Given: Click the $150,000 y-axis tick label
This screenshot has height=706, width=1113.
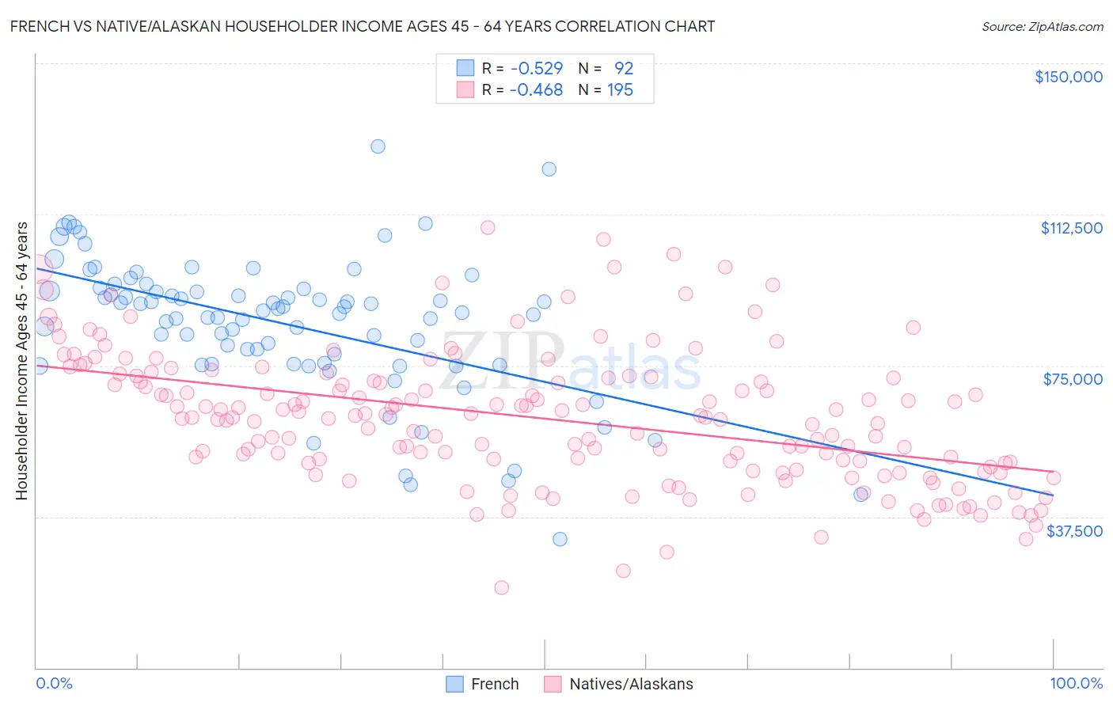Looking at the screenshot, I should click(1068, 77).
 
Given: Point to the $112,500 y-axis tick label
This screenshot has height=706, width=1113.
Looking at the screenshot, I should click(1071, 228).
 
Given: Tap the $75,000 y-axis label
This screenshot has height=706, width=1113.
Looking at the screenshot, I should click(1073, 379).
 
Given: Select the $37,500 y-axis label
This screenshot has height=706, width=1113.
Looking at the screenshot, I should click(1074, 530).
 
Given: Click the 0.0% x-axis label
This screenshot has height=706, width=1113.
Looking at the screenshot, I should click(54, 684).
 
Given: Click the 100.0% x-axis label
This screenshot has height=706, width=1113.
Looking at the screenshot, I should click(1076, 684).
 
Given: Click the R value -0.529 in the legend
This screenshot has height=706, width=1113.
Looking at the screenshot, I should click(536, 68).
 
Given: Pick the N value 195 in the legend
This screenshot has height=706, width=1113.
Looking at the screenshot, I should click(620, 90).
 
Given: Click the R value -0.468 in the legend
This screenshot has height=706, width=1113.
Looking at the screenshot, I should click(536, 90).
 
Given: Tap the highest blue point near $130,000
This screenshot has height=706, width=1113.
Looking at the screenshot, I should click(378, 146).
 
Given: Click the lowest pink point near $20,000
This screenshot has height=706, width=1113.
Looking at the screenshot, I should click(501, 587).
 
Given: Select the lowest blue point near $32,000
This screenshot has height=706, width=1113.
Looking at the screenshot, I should click(560, 539).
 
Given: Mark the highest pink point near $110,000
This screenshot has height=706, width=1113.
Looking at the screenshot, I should click(488, 227).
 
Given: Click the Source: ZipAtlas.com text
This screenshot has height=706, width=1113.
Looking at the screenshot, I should click(1042, 26).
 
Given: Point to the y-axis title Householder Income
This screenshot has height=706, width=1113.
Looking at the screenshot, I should click(21, 361).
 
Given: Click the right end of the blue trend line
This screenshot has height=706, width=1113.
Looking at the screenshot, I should click(1053, 495).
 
